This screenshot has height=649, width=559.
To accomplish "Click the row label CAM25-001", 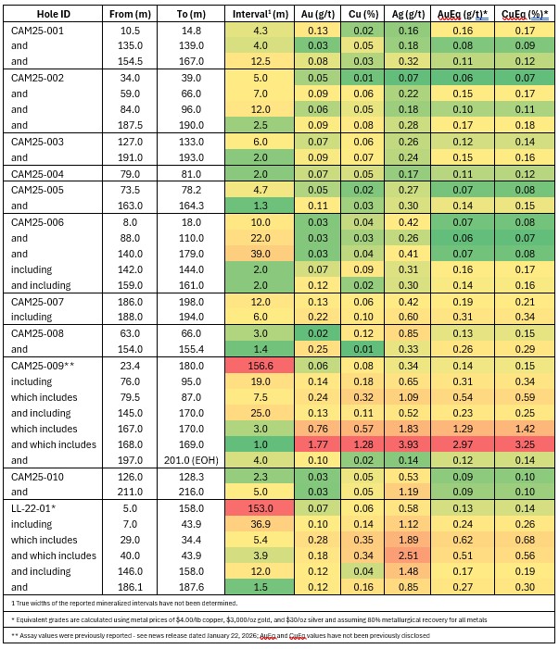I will click(37, 30).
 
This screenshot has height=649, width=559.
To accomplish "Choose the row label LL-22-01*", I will click(33, 507).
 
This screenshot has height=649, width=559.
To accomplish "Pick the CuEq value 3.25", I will click(523, 444).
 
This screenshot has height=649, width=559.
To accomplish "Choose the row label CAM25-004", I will click(37, 173).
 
